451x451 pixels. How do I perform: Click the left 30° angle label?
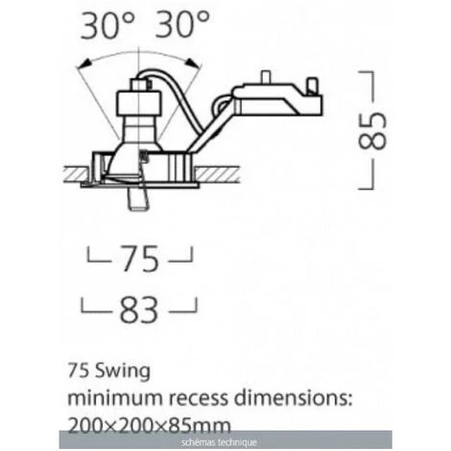point(107,25)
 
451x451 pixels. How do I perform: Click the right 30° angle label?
point(182,24)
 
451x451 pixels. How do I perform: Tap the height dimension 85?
point(372,131)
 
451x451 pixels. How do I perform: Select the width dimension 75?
point(140,258)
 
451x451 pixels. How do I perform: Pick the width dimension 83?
point(139,309)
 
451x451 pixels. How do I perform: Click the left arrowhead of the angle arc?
point(83,65)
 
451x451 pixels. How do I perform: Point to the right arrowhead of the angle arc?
point(194,63)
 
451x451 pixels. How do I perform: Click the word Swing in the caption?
point(123,371)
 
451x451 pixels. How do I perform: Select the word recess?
point(199,399)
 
